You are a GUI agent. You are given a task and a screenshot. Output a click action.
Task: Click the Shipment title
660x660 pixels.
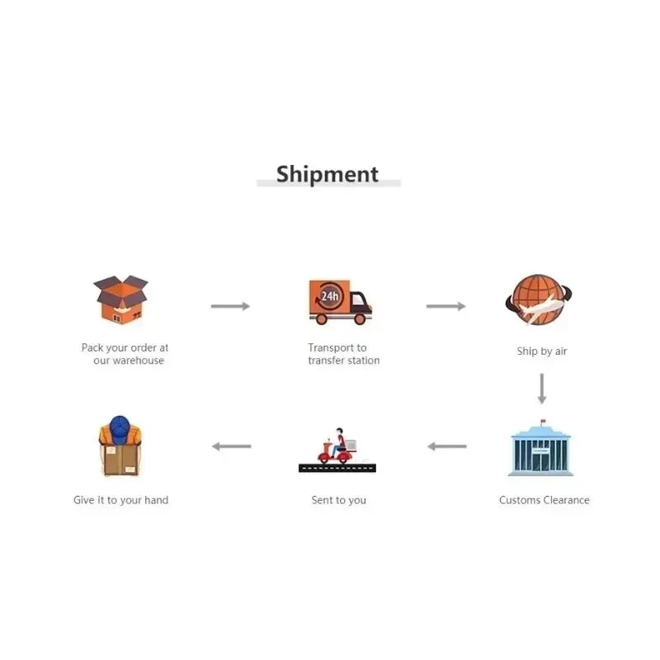coord(327,174)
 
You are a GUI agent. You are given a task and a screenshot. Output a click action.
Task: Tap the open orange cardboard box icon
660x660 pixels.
coord(120,299)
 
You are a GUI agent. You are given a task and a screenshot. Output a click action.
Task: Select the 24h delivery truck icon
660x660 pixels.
coord(340,302)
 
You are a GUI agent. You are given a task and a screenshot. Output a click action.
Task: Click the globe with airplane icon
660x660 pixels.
coord(539,299)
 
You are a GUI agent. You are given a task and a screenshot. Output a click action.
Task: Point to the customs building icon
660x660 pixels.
coord(541,448)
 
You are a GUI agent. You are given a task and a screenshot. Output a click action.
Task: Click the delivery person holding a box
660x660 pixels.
coord(120,445)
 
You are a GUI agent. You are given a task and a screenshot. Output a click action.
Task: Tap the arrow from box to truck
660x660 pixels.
coord(230,306)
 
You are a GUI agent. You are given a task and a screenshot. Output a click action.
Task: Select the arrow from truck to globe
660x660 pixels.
coord(445,306)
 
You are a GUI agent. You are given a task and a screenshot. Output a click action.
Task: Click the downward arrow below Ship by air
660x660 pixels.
coord(542,389)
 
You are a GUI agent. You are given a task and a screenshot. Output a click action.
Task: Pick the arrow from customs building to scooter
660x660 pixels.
coord(447,446)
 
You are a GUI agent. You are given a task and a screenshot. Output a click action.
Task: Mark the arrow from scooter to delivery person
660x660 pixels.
coord(232,446)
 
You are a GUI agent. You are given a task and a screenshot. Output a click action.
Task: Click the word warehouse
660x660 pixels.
coord(138,361)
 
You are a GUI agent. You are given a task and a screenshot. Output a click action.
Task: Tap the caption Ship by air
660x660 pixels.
coord(542,351)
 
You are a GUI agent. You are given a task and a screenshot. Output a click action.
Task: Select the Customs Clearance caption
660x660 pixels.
coord(544,500)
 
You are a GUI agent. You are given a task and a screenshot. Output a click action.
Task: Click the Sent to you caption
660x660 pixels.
coord(339,500)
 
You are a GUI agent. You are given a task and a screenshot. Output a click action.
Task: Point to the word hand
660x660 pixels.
coord(156,500)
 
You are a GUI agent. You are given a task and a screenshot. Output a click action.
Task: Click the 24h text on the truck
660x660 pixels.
coord(330,296)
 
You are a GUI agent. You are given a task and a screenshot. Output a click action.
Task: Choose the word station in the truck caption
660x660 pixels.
coord(364,361)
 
